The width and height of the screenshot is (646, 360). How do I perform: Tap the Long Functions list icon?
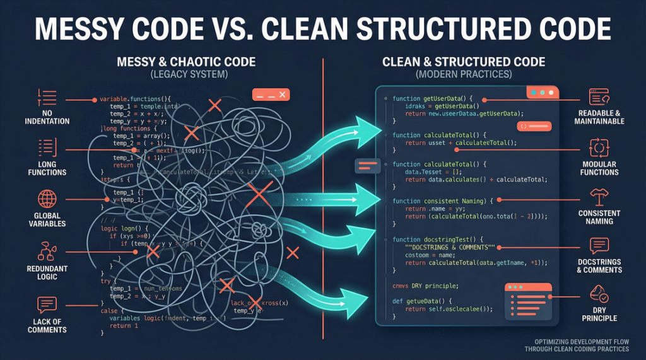pyautogui.click(x=47, y=149)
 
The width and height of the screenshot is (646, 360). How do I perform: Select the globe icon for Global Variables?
pyautogui.click(x=47, y=199)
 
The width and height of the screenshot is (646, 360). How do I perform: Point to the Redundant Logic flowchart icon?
pyautogui.click(x=47, y=251)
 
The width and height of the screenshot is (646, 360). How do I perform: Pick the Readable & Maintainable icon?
pyautogui.click(x=599, y=96)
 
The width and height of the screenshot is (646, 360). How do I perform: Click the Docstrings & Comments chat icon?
pyautogui.click(x=599, y=246)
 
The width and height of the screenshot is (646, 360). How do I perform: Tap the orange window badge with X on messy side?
pyautogui.click(x=270, y=95)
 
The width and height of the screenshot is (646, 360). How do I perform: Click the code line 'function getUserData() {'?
pyautogui.click(x=436, y=99)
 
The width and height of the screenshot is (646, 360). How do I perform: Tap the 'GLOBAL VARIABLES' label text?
pyautogui.click(x=47, y=219)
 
